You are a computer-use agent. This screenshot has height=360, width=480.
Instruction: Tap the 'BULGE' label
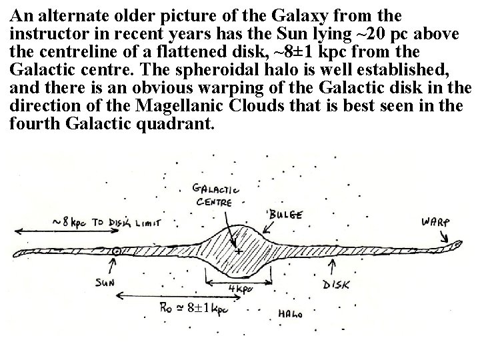point(285,215)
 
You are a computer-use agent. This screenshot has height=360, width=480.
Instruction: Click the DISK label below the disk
point(337,284)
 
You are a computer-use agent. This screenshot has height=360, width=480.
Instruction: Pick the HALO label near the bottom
point(291,313)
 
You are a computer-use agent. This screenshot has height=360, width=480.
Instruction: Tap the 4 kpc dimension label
point(241,289)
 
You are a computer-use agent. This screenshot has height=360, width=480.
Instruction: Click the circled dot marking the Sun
point(117,252)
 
